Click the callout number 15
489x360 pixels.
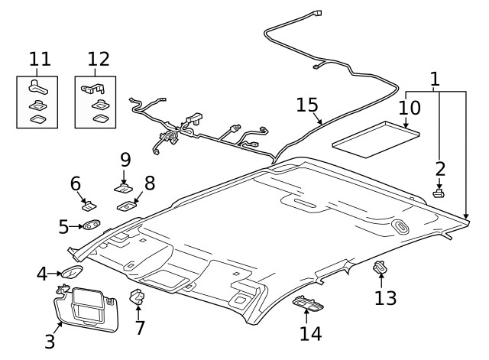309,105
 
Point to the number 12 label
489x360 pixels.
99,59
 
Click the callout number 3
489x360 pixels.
50,341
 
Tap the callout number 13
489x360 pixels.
385,297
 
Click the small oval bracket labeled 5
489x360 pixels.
92,225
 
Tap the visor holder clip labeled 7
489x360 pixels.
138,297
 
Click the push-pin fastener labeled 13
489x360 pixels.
379,268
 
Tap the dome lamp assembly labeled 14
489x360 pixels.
309,303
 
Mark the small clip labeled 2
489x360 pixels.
439,193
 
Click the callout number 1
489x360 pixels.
435,79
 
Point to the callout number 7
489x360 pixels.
138,329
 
